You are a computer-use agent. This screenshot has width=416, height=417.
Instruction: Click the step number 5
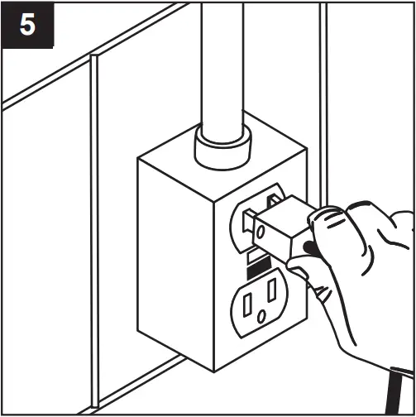27,25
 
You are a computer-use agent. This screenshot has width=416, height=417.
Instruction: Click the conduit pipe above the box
221,66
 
